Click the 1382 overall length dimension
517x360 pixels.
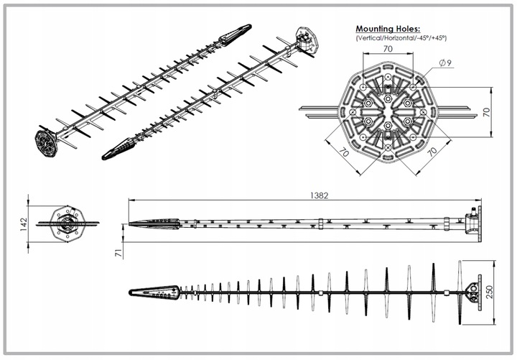[x=319, y=195]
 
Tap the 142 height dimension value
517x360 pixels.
[x=24, y=224]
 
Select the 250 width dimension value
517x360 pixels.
[x=489, y=292]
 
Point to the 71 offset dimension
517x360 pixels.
[x=118, y=253]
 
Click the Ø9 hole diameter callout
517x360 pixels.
[x=445, y=63]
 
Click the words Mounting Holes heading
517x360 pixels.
[x=388, y=29]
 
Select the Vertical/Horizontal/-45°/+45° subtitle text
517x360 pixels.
[x=401, y=38]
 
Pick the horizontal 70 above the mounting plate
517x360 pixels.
[x=388, y=49]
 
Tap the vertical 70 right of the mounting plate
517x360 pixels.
[x=486, y=112]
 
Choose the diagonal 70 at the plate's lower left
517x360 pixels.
[x=344, y=152]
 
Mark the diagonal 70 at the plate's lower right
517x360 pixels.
[x=432, y=152]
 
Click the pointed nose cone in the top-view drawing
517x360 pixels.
[x=154, y=292]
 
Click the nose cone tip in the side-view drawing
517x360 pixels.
[x=129, y=224]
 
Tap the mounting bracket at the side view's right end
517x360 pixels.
[x=473, y=223]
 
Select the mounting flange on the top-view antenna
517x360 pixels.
[x=474, y=292]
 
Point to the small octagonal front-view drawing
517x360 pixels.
[x=67, y=223]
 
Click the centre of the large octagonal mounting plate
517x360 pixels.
[x=388, y=112]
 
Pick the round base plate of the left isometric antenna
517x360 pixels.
[x=47, y=143]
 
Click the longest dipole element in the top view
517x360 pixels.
[x=460, y=292]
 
